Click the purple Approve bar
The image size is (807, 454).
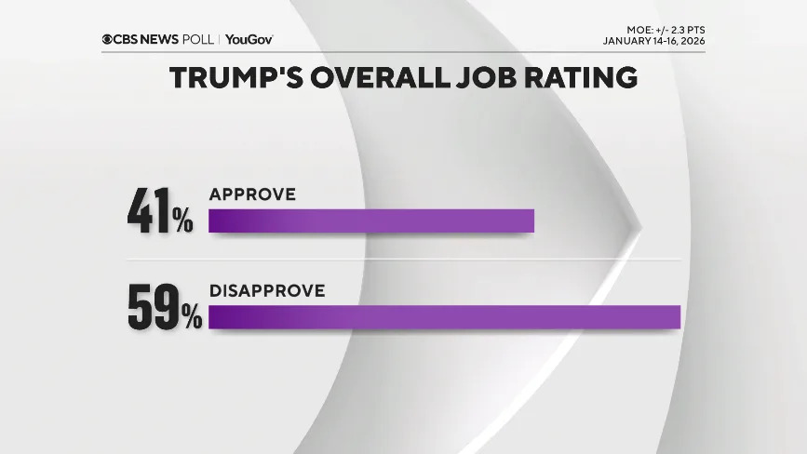(370, 220)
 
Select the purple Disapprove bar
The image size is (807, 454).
(444, 316)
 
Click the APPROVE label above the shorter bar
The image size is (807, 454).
(252, 194)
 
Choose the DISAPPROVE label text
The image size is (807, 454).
(267, 290)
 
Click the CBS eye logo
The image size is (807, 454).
(109, 39)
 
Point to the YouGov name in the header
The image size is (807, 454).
(249, 39)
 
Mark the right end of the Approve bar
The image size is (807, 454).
(532, 220)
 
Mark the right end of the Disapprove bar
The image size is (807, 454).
(679, 316)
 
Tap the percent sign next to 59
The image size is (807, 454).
(191, 318)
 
